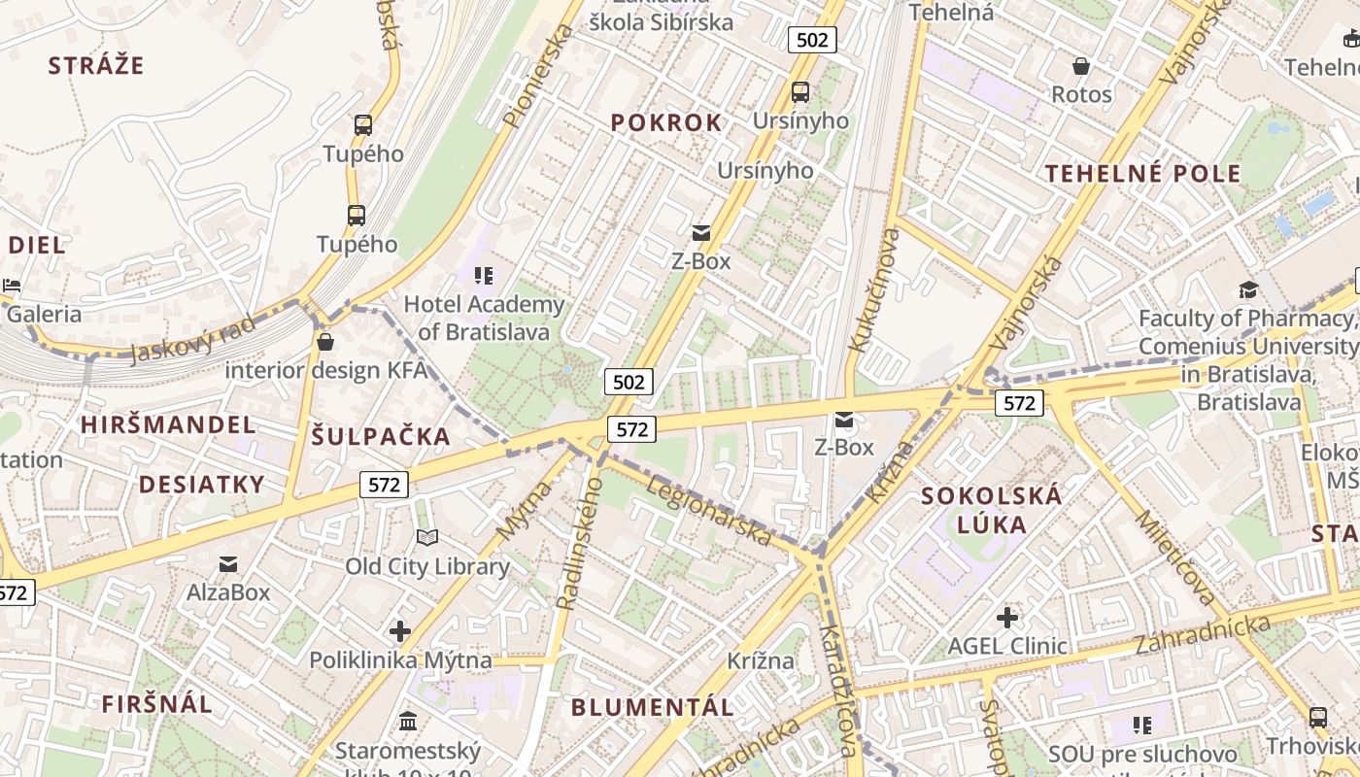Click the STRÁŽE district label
point(96,66)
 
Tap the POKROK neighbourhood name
point(666,123)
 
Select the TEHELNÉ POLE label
point(1142,175)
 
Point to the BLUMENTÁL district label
point(652,707)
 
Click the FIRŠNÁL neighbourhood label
point(156,704)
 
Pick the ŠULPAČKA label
point(381,437)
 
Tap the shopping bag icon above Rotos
point(1080,66)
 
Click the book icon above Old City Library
point(427,537)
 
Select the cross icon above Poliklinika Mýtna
point(400,631)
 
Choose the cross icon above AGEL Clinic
point(1006,617)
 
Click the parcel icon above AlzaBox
point(228,563)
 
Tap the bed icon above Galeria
point(12,286)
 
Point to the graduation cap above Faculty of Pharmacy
point(1247,289)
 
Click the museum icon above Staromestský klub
point(408,722)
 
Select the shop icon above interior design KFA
point(325,342)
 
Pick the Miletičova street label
point(1173,557)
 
